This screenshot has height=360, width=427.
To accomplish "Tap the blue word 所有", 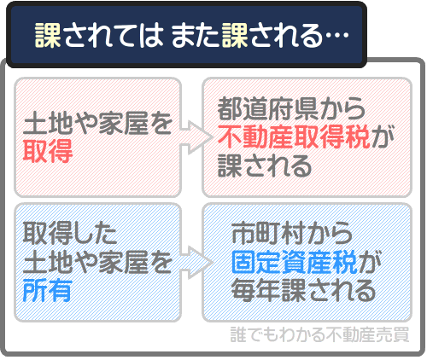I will point(49,290).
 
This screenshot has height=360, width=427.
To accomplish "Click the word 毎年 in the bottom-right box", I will point(253,290).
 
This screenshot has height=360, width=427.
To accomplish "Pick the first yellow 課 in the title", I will point(46,35).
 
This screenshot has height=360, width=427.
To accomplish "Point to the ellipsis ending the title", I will point(336,35).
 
